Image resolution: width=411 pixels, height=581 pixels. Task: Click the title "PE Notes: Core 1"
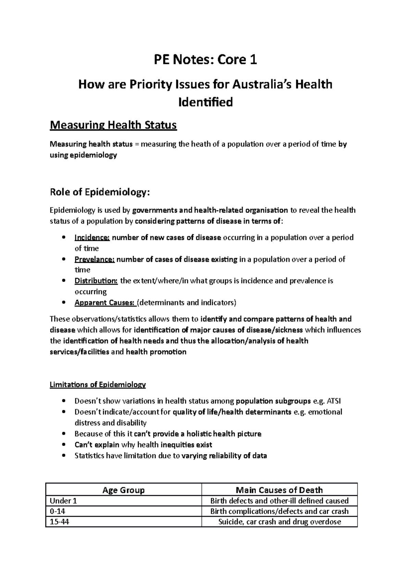(205, 60)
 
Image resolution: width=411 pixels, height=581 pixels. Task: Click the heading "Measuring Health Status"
(113, 125)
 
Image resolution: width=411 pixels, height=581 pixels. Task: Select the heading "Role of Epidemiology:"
(100, 192)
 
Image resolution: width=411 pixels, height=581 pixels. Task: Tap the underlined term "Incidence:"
(92, 237)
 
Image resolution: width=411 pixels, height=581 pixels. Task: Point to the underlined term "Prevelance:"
(95, 259)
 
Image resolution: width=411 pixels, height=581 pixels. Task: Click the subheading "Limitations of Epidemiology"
(98, 385)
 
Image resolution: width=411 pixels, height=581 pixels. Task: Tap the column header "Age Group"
(124, 490)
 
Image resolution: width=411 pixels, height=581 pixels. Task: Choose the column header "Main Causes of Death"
(279, 490)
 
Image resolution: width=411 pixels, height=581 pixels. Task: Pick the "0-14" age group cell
(58, 511)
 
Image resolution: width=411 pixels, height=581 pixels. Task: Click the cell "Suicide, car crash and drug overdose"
(279, 522)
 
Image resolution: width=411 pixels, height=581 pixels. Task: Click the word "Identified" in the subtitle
(206, 102)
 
